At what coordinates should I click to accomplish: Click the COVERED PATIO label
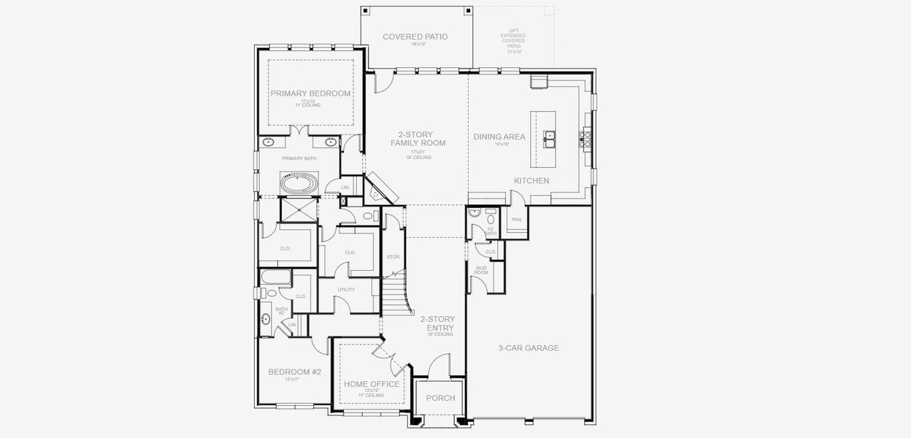click(415, 36)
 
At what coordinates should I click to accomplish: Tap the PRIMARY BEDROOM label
click(310, 93)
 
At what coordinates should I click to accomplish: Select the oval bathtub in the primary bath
click(299, 182)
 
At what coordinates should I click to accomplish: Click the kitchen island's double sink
click(550, 136)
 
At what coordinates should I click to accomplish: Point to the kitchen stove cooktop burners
click(585, 139)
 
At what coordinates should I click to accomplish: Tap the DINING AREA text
click(499, 137)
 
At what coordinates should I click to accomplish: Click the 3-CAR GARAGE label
click(528, 347)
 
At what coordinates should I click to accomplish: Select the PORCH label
click(440, 398)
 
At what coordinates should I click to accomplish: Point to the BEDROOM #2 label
click(294, 372)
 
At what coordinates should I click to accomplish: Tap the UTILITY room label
click(346, 290)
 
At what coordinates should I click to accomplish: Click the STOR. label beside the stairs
click(392, 257)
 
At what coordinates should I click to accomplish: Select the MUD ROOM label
click(482, 271)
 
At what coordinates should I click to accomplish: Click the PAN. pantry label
click(516, 219)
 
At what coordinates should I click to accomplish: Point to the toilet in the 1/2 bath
click(491, 217)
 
